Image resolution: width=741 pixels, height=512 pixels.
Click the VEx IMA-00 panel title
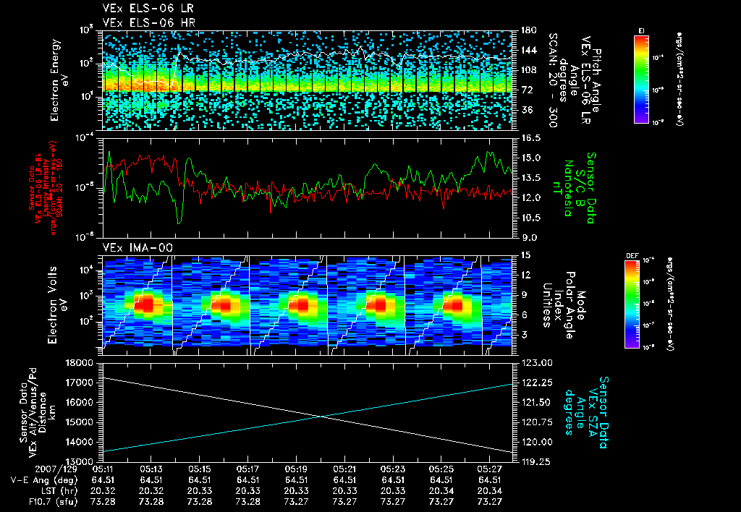click(x=138, y=247)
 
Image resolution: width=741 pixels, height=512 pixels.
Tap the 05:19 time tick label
click(x=297, y=469)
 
